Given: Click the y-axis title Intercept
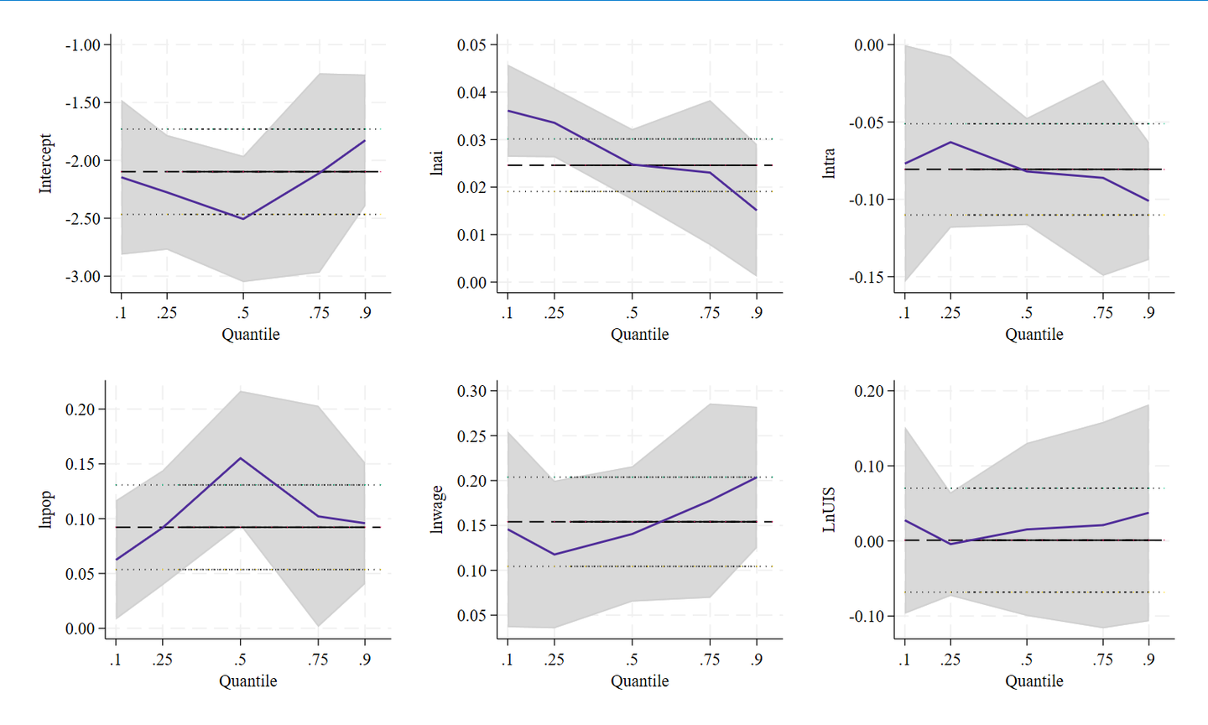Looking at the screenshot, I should [x=45, y=164].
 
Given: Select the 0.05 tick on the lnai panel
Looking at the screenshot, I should [x=471, y=45].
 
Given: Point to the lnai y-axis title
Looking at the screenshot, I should [x=437, y=164].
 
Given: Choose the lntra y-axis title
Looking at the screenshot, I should [x=829, y=164].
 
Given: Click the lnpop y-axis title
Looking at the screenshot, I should [x=45, y=510].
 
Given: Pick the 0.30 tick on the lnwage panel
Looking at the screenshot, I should [x=471, y=391].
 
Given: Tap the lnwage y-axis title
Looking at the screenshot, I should [x=437, y=510].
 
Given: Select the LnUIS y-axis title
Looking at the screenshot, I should [x=829, y=509].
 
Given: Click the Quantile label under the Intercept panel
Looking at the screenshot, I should [x=250, y=335].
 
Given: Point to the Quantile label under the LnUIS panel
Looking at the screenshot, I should [x=1034, y=681].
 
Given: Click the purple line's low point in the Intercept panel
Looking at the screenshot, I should [x=243, y=218].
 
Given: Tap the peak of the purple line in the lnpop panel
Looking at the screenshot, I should [x=241, y=458].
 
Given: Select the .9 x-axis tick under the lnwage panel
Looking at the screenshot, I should [x=757, y=660].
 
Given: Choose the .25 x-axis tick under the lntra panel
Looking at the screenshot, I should [x=950, y=313].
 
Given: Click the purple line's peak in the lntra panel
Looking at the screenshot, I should [x=950, y=142].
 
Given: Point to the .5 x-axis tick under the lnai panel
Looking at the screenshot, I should [x=632, y=313].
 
